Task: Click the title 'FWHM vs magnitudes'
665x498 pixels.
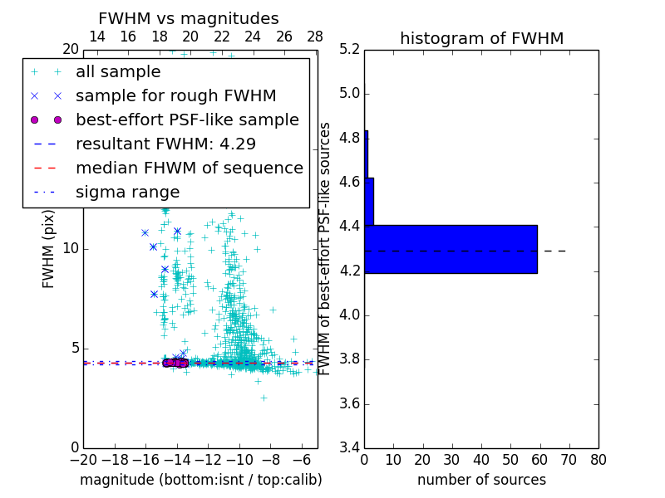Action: click(x=189, y=19)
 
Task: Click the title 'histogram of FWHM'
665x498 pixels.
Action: click(x=481, y=38)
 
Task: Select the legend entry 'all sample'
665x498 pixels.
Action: click(x=118, y=72)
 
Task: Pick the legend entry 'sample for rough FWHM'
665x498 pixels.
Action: click(x=175, y=95)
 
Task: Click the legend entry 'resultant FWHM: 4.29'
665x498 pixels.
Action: click(x=165, y=144)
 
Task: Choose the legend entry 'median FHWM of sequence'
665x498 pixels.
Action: click(x=189, y=168)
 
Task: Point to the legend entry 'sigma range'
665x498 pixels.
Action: click(x=127, y=192)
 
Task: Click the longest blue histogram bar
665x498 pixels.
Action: click(x=451, y=249)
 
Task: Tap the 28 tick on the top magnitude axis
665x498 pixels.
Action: click(x=315, y=37)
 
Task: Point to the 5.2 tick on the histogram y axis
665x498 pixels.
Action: click(x=350, y=49)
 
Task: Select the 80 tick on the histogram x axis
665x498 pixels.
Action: click(x=598, y=459)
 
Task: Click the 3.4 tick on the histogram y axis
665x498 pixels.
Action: click(x=350, y=447)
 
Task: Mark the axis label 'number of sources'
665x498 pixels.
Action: click(x=481, y=480)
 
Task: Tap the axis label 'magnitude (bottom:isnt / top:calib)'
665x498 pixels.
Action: click(x=200, y=480)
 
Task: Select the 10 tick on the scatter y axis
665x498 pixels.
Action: click(x=70, y=248)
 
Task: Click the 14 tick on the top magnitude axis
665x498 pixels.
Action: click(x=96, y=37)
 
